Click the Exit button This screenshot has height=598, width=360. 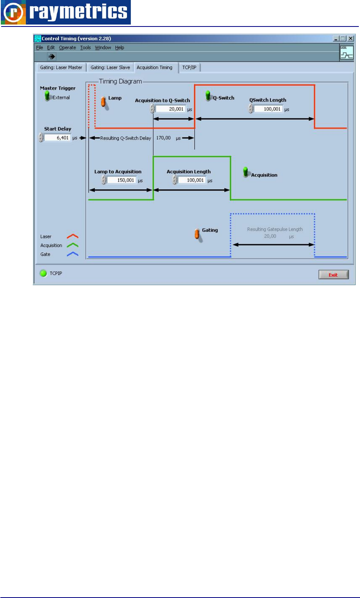[333, 275]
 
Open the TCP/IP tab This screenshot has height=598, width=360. [190, 67]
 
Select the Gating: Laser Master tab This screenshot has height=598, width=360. [61, 67]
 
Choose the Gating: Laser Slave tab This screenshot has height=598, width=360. [110, 67]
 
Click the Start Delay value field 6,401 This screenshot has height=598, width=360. [58, 138]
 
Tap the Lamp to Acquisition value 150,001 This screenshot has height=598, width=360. [121, 180]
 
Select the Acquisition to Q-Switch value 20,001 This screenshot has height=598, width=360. [171, 109]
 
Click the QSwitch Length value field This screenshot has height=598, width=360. [268, 109]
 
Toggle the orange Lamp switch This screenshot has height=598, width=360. [104, 101]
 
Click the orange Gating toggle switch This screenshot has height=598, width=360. [197, 233]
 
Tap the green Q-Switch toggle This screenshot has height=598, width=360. [208, 95]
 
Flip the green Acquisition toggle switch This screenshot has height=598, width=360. [246, 172]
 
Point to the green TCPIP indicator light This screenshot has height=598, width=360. [43, 273]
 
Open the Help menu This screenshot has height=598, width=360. [119, 48]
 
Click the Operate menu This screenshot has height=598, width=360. [67, 48]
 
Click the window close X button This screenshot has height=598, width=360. [350, 39]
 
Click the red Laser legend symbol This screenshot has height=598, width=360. [73, 236]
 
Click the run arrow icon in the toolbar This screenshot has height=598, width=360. [51, 56]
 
